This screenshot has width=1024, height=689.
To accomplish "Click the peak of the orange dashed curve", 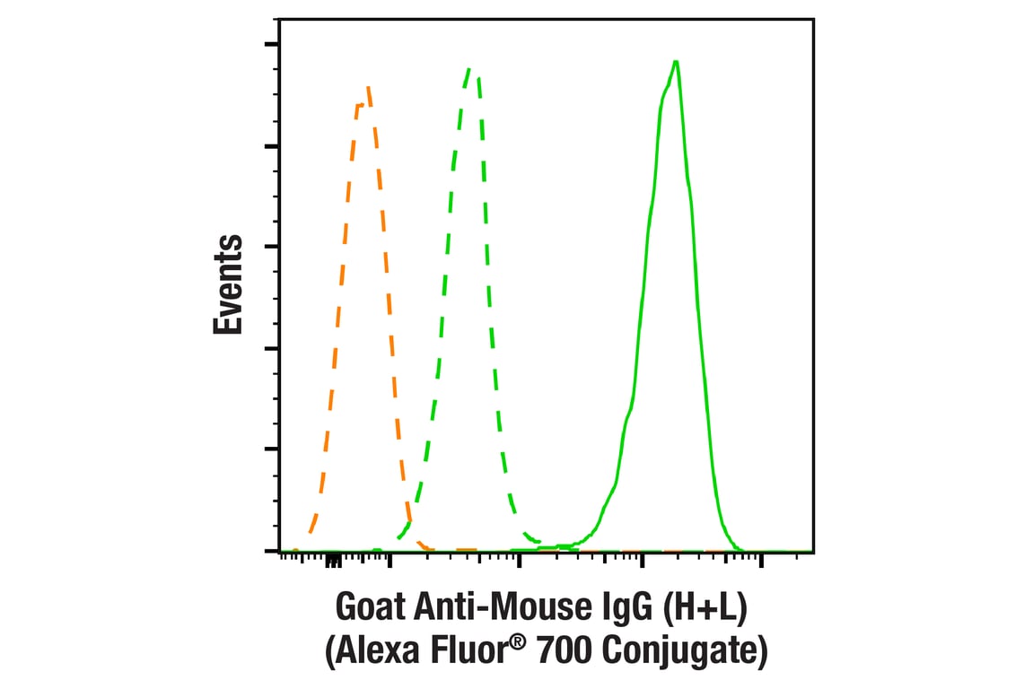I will (x=368, y=88).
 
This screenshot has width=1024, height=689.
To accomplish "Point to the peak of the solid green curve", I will (x=675, y=61).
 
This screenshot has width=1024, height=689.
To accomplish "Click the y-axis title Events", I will (x=229, y=284).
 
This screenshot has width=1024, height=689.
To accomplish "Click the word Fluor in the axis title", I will (x=474, y=651).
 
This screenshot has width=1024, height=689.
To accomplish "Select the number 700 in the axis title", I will (x=566, y=651).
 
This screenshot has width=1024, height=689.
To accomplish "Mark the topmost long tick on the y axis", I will (x=271, y=43).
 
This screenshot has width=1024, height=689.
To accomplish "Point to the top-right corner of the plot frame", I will (x=813, y=18).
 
